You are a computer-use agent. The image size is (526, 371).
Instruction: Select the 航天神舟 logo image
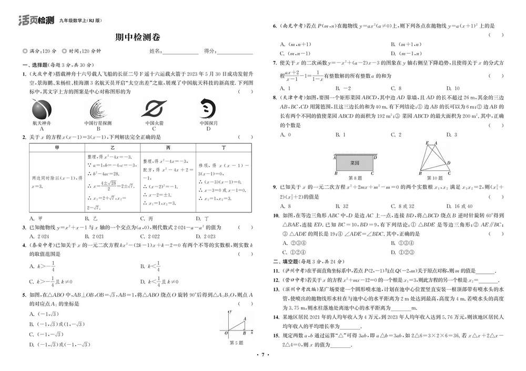pos(42,109)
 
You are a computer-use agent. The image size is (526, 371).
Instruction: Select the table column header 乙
pos(112,149)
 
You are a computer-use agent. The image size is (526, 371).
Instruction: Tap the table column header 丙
pos(168,149)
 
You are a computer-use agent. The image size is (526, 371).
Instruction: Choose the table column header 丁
pos(224,149)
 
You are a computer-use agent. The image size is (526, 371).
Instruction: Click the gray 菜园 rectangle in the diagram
pos(355,163)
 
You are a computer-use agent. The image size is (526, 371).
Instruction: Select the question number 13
pos(275,289)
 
